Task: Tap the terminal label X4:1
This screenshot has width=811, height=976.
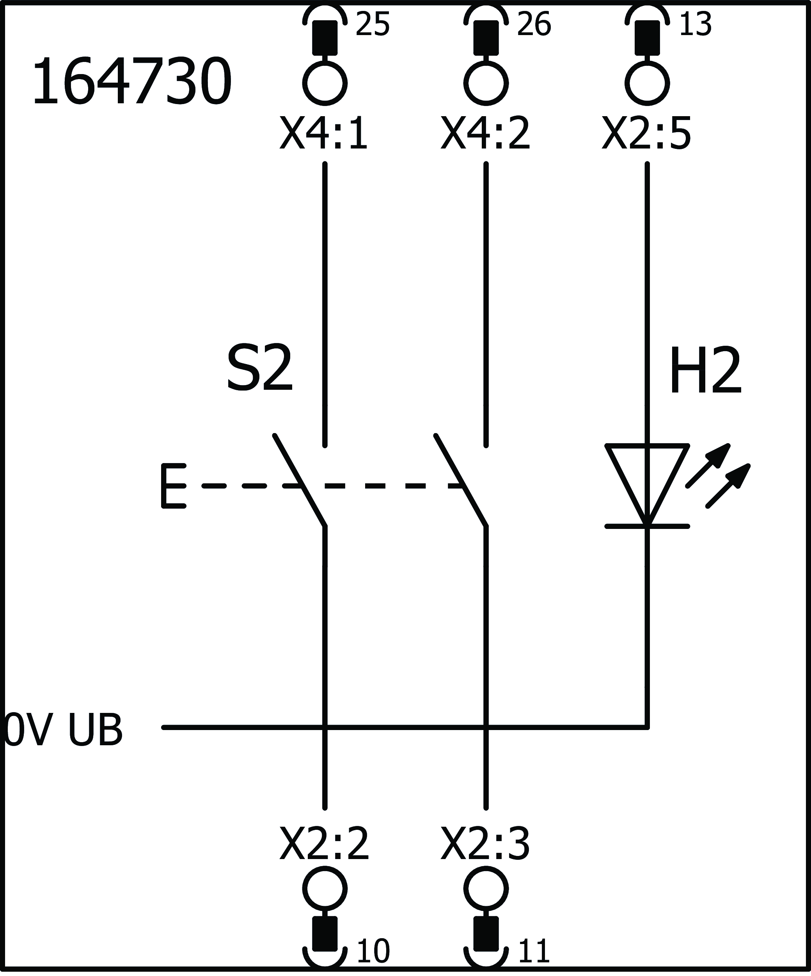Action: pos(324,133)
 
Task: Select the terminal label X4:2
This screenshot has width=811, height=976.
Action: pos(485,133)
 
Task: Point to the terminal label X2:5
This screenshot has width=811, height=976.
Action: pos(646,133)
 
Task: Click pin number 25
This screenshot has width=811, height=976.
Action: pos(373,24)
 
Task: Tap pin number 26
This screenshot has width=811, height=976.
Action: pos(534,24)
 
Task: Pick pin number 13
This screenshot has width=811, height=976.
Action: pos(696,24)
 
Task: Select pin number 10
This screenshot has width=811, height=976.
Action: pos(373,951)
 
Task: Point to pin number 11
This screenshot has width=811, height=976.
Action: pos(534,951)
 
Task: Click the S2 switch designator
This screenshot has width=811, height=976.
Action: pos(259,369)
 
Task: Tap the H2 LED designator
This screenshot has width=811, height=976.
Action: pos(705,371)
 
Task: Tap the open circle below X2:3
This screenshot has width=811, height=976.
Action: pos(486,889)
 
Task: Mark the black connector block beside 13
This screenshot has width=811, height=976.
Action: pos(647,37)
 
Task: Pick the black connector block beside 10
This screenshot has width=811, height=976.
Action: pos(325,933)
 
